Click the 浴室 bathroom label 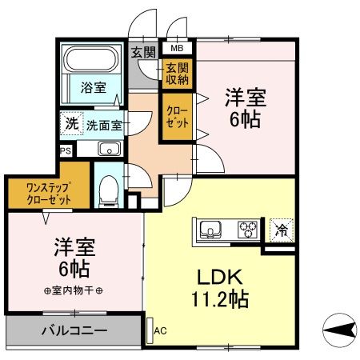[92, 87]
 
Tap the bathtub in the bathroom [90, 60]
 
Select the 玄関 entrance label [144, 53]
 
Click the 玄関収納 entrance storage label [177, 74]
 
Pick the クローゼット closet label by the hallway [177, 117]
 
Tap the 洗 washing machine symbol [72, 124]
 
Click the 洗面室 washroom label [103, 126]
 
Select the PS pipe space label [64, 150]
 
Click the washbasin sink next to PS [108, 149]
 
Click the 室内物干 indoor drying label [74, 290]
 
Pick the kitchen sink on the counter [209, 230]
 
